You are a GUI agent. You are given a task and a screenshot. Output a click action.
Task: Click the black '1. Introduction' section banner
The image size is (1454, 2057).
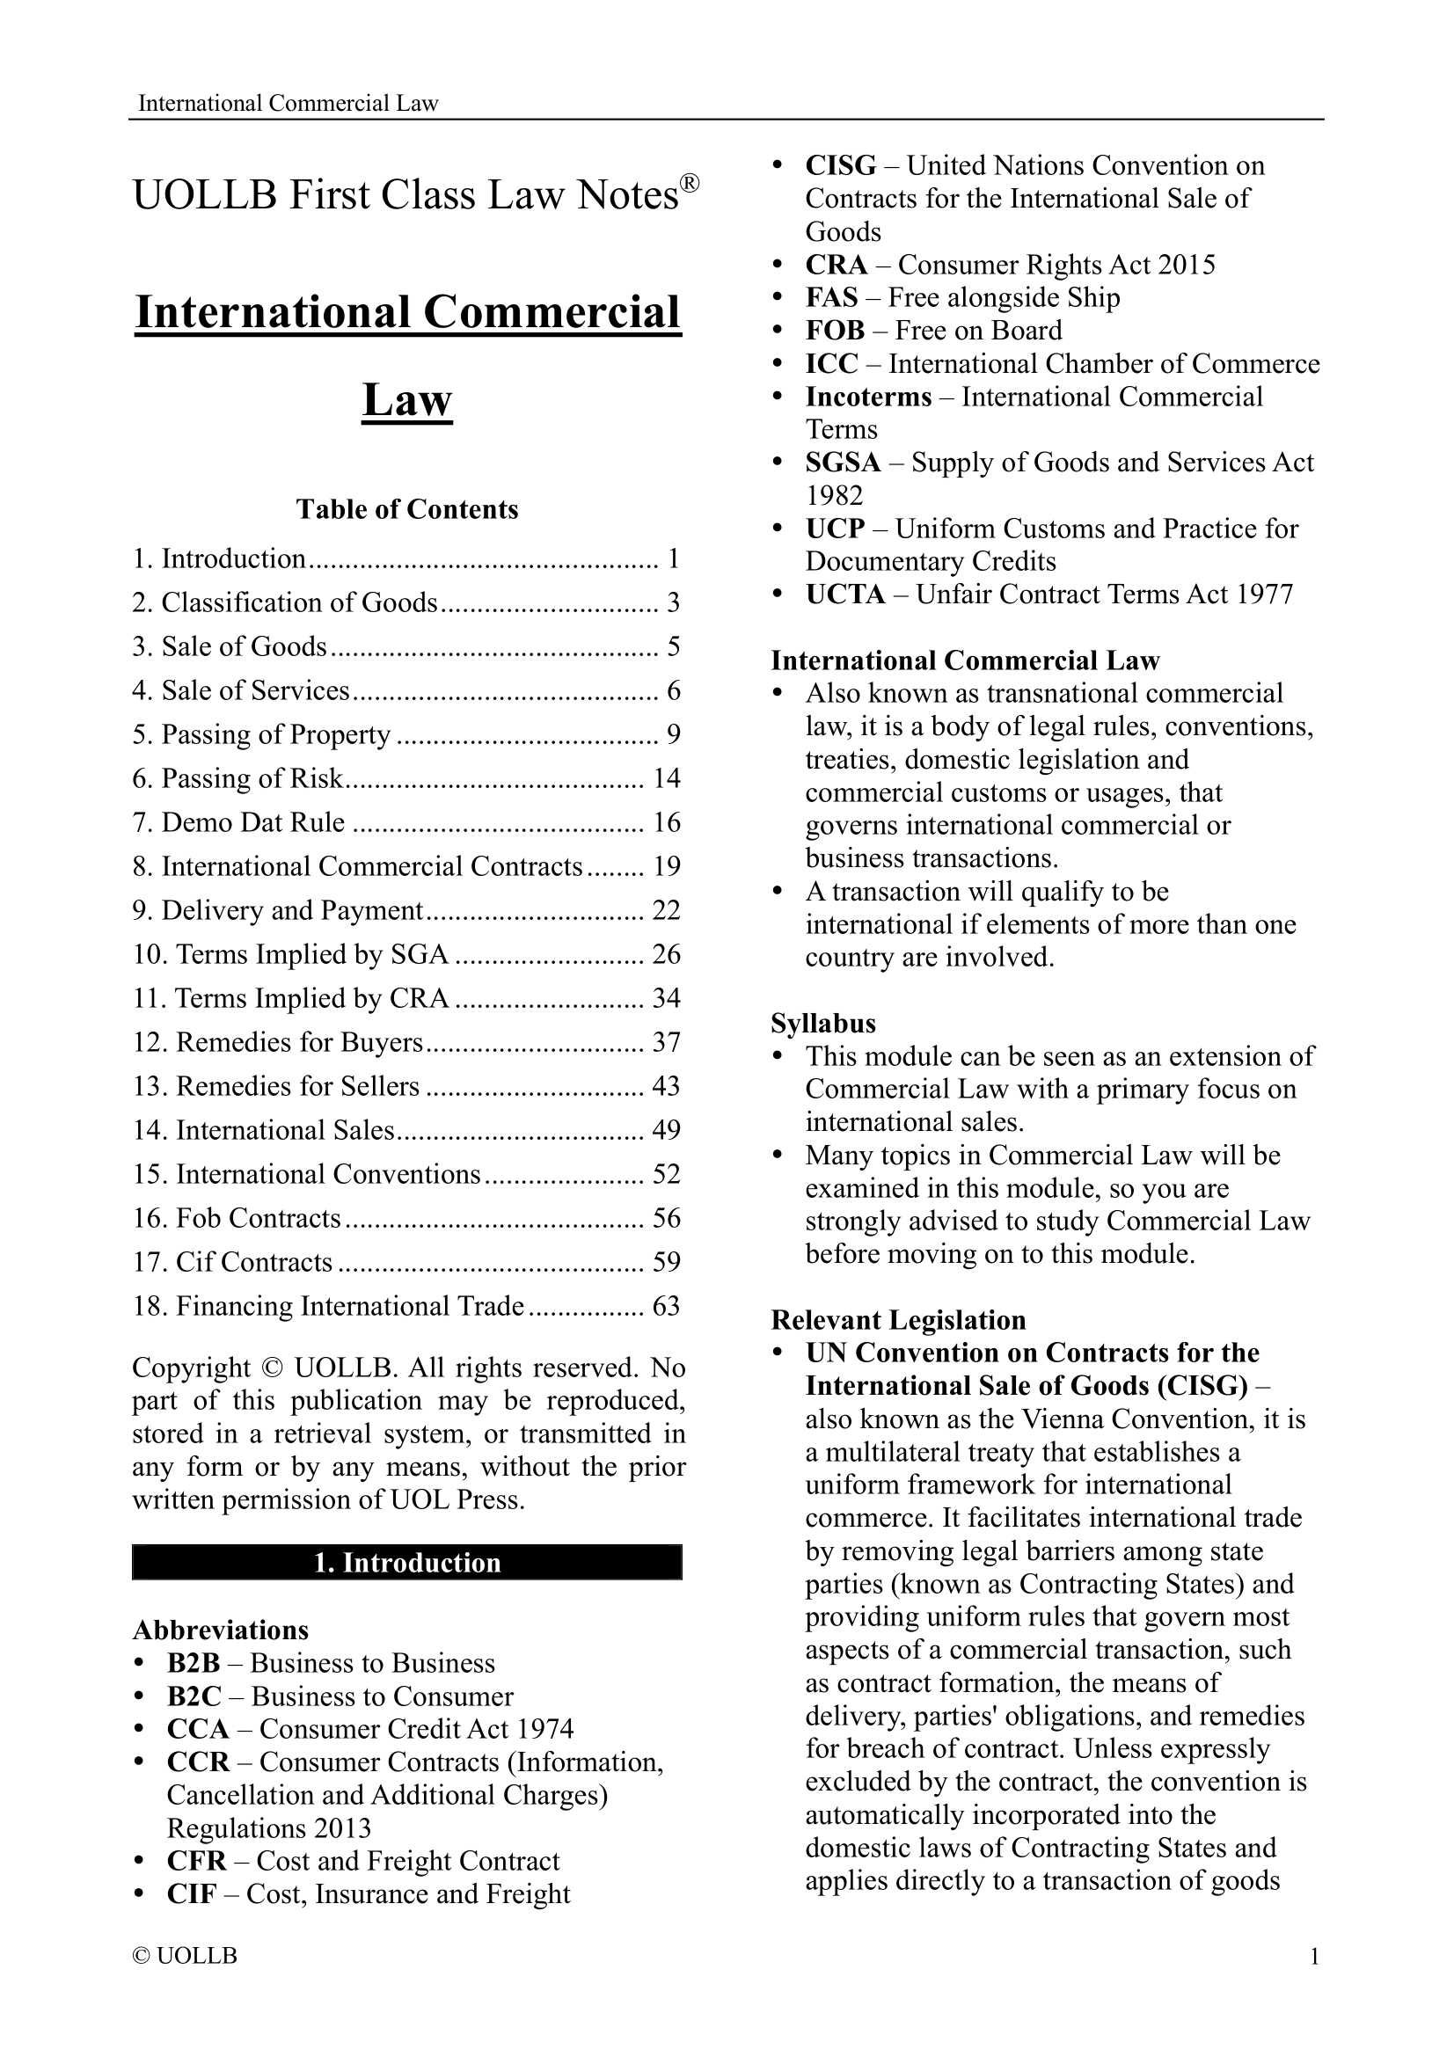(x=406, y=1563)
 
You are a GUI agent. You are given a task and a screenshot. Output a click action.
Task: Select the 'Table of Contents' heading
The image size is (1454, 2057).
(x=406, y=509)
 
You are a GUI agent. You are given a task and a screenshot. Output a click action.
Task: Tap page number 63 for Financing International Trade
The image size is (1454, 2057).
(x=667, y=1305)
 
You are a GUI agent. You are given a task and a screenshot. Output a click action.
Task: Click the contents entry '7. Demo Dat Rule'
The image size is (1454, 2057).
(x=238, y=821)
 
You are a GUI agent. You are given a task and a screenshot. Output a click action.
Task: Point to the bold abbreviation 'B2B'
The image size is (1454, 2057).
(x=194, y=1663)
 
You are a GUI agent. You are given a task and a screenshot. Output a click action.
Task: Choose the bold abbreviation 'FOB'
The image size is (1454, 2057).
(x=835, y=331)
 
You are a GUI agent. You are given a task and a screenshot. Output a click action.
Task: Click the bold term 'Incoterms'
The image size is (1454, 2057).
(x=868, y=397)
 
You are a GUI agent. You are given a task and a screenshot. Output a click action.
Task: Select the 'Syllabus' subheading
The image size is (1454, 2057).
(x=823, y=1023)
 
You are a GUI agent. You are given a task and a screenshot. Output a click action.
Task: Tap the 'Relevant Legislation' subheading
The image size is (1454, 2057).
(x=899, y=1320)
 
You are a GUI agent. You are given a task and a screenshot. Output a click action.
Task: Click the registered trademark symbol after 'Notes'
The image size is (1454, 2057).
(x=689, y=183)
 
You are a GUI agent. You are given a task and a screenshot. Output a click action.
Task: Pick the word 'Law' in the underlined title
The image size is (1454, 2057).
(x=406, y=399)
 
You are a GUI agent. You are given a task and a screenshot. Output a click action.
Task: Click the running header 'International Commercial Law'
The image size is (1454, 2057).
(x=288, y=103)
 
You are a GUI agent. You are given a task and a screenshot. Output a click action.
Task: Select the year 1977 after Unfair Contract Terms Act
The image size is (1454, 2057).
(x=1264, y=594)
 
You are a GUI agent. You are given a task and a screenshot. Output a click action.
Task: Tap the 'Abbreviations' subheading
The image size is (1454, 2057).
(x=221, y=1630)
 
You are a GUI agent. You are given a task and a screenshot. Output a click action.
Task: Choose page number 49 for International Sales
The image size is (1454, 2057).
(x=667, y=1130)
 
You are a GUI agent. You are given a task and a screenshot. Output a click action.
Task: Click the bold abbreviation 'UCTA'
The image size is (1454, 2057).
(x=844, y=594)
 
